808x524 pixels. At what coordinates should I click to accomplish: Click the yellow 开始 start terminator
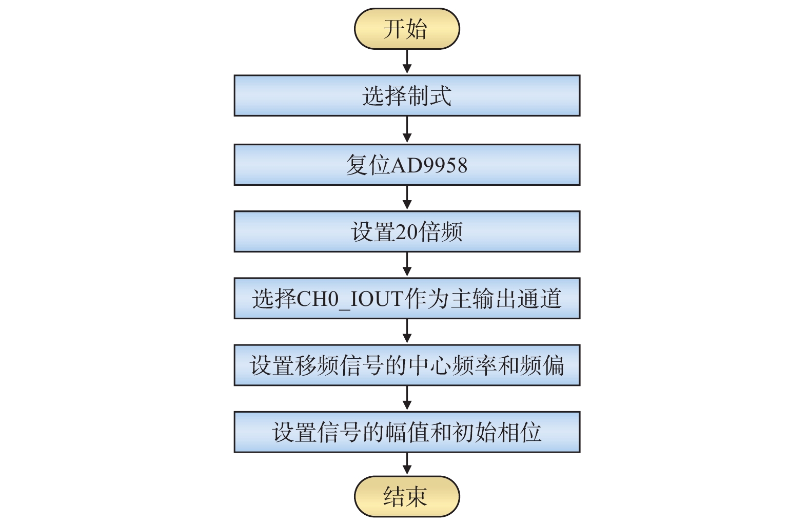pos(406,29)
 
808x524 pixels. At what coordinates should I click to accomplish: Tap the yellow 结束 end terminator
pos(406,496)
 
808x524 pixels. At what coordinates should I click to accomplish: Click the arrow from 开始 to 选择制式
pos(407,62)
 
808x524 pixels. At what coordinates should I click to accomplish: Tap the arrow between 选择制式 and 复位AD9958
pos(407,130)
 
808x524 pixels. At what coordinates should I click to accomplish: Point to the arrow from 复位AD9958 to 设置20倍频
pos(407,198)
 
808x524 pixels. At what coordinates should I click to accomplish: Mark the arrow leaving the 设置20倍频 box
pos(407,265)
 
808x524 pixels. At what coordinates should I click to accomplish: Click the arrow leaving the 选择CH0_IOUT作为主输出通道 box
pos(407,332)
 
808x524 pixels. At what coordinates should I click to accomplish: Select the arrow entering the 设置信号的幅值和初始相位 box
pos(407,398)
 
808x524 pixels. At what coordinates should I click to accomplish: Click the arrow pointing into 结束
pos(407,464)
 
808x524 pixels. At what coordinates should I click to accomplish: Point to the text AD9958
pos(429,165)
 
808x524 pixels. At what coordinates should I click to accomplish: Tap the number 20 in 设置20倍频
pos(406,232)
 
